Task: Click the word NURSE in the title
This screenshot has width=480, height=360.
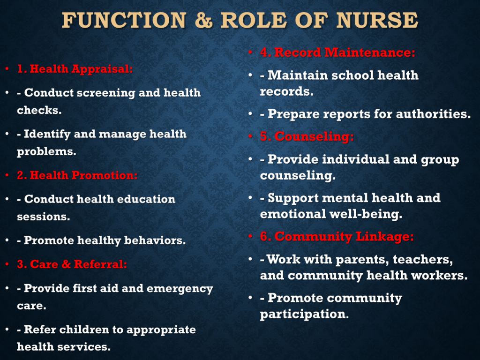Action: click(x=377, y=20)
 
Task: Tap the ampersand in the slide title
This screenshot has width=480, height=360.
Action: click(x=203, y=20)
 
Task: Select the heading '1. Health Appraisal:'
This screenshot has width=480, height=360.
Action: click(x=75, y=69)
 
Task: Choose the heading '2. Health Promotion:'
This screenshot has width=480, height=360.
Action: click(x=77, y=175)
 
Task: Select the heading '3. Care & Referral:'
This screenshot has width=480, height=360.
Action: click(x=72, y=264)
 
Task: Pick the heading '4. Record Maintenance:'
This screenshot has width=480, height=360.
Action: click(x=337, y=52)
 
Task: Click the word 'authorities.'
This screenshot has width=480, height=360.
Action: click(x=433, y=114)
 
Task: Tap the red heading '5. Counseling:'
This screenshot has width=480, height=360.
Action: click(x=307, y=136)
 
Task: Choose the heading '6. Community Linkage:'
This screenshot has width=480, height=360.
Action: click(x=337, y=236)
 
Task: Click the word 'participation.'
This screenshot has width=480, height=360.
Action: click(x=304, y=315)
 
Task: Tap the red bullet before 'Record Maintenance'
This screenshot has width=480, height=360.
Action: click(x=250, y=52)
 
